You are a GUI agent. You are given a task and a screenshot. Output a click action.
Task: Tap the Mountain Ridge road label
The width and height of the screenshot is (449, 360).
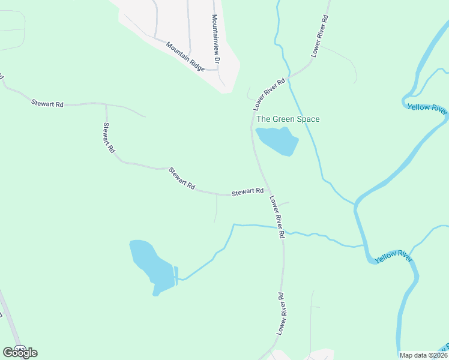tap(185, 56)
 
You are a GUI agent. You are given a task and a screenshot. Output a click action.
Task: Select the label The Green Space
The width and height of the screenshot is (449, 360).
tap(288, 119)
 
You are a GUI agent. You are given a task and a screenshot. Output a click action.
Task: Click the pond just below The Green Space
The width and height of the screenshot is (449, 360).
tap(279, 141)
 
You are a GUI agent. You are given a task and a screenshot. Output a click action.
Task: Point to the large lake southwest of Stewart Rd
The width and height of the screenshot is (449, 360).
tap(149, 264)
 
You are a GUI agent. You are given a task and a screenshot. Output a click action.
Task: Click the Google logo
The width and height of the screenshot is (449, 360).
tap(19, 353)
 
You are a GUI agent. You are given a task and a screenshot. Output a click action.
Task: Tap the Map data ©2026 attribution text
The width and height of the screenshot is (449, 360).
tap(423, 355)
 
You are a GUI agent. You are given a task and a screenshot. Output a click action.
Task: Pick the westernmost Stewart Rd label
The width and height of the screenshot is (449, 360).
tap(47, 104)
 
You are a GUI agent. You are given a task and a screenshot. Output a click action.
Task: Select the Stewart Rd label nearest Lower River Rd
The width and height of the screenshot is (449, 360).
tap(248, 192)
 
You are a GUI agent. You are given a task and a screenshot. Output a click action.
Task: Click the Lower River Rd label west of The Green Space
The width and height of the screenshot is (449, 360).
tap(269, 94)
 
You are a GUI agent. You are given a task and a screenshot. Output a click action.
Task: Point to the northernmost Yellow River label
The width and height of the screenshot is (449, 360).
tap(427, 109)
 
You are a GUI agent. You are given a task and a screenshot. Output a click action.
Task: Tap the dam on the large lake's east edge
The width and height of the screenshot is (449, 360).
tap(176, 275)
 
